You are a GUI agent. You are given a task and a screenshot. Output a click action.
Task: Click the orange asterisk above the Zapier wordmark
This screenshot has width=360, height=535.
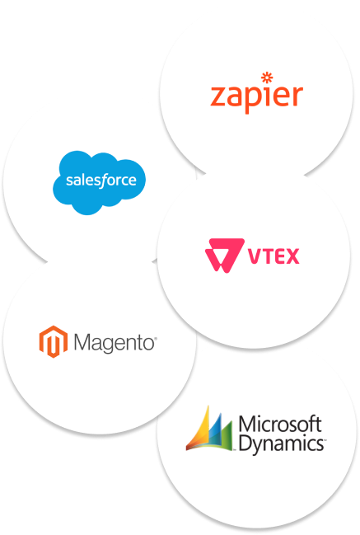pos(267,77)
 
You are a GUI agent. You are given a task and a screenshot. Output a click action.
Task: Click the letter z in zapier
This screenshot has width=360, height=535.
pos(218,96)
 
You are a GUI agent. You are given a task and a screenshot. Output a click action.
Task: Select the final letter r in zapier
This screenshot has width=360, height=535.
pos(297,96)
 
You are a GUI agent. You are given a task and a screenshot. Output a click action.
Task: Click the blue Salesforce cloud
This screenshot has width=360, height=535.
pos(99,182)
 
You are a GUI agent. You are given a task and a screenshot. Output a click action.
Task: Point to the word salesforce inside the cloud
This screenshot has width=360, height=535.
pos(101,181)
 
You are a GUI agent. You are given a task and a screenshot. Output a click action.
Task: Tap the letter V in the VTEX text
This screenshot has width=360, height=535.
pos(254,256)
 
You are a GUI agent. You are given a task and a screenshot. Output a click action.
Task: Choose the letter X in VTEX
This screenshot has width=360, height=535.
pos(292,256)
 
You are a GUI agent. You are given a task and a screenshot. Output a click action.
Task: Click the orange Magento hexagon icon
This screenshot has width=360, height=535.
pos(54,341)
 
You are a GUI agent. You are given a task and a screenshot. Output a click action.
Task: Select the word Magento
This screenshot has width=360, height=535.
pos(115,343)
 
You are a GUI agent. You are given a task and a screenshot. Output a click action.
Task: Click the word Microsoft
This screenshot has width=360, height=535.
pos(280,424)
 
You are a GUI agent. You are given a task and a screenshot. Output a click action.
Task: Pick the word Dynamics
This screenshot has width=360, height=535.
pos(282,443)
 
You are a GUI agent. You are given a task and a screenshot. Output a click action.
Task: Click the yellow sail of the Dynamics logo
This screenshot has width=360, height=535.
pos(202,426)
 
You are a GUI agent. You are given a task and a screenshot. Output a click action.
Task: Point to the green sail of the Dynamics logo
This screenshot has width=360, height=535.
pos(227,434)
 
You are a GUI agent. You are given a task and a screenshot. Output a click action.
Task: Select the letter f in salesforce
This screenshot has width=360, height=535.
pos(101,181)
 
